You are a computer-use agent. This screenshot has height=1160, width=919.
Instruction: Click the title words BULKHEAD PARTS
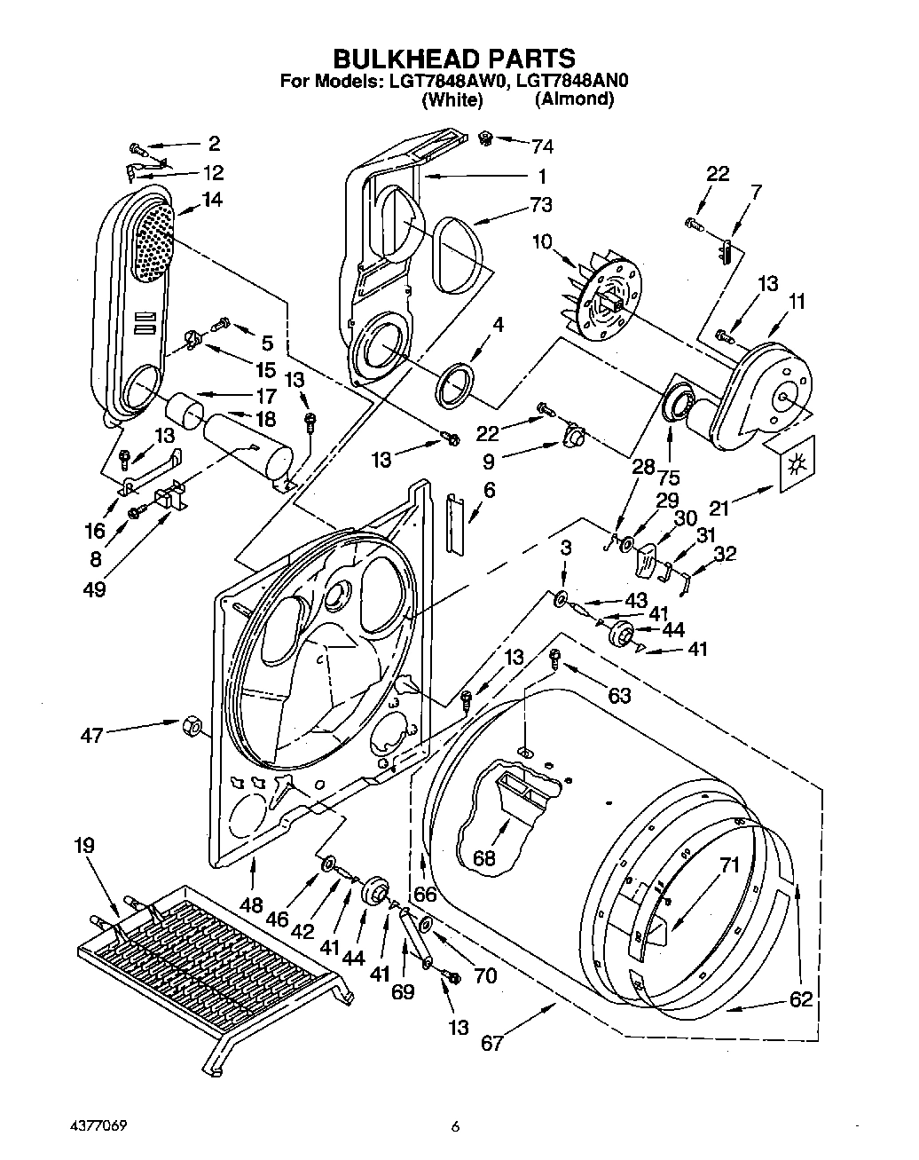coord(453,59)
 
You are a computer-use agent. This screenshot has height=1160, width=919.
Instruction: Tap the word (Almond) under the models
coord(574,99)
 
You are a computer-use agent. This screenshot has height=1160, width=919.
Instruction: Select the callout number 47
coord(91,735)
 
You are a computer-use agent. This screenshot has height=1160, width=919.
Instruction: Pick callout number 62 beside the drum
coord(800,999)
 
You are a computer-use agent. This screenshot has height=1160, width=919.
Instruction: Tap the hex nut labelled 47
coord(189,726)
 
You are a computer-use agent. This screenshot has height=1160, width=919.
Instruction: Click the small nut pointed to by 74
coord(485,138)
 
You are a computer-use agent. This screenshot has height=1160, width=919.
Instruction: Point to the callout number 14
coord(210,200)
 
